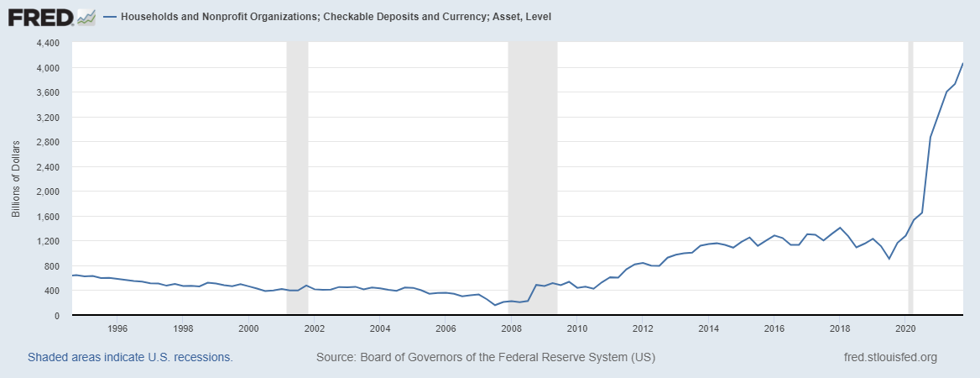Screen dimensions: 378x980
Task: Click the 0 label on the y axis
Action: tap(57, 316)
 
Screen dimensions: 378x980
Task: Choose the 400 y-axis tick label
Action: tap(52, 291)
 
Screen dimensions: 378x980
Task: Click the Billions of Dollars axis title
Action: tap(16, 179)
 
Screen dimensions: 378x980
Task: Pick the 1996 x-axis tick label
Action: tap(117, 328)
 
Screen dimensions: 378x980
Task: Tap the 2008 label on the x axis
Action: tap(512, 328)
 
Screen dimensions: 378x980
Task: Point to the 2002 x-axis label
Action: tap(315, 328)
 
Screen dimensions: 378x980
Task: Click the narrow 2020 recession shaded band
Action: tap(910, 168)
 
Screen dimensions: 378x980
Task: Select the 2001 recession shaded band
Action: tap(297, 168)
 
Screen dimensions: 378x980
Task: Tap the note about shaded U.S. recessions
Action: tap(130, 358)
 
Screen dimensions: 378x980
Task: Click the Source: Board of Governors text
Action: tap(486, 358)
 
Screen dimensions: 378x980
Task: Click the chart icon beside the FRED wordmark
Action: tap(86, 16)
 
